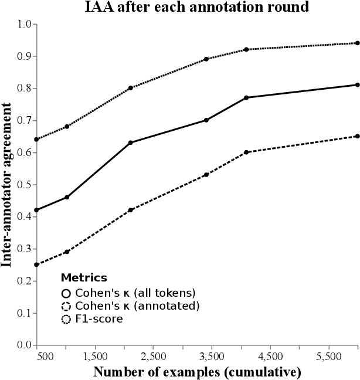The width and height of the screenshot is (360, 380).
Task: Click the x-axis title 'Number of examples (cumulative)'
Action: pyautogui.click(x=197, y=371)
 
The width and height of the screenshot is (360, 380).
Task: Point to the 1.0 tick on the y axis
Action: pyautogui.click(x=26, y=24)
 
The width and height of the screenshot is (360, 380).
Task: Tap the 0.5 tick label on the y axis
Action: pyautogui.click(x=26, y=185)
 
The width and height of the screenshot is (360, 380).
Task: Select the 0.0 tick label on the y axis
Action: pyautogui.click(x=26, y=345)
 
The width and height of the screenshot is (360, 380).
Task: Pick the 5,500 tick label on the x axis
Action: pyautogui.click(x=328, y=356)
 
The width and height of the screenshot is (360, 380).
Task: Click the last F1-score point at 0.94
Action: pyautogui.click(x=358, y=43)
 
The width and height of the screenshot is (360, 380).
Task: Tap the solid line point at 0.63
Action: pyautogui.click(x=130, y=142)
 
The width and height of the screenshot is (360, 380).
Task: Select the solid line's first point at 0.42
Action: pyautogui.click(x=36, y=210)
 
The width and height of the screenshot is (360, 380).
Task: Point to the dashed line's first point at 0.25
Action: pyautogui.click(x=36, y=264)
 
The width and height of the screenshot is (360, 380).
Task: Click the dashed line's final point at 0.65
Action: pyautogui.click(x=358, y=136)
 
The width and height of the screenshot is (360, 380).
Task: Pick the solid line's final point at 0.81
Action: pyautogui.click(x=358, y=84)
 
